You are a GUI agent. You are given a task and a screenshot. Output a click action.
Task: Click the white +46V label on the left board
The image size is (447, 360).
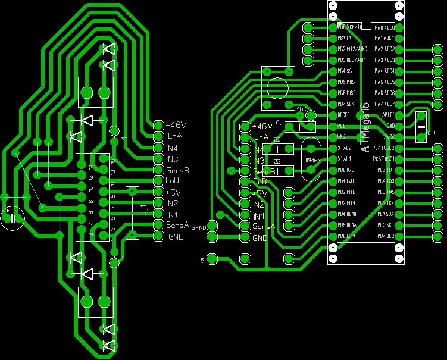tap(176, 126)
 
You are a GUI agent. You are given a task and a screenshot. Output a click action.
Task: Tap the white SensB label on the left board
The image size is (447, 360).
tap(177, 170)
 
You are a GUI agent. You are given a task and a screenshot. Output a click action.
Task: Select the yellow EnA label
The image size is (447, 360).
tap(261, 137)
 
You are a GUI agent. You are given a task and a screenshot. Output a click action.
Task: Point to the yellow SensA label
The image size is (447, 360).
tap(264, 227)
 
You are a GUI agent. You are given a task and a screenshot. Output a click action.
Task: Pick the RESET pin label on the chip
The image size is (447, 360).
tap(345, 115)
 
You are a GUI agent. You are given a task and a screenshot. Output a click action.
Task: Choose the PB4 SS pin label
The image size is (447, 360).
tap(345, 71)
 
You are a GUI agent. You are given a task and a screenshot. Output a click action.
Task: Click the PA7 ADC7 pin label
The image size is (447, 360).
tap(385, 104)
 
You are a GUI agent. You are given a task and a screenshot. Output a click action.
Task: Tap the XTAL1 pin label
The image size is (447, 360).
tap(345, 159)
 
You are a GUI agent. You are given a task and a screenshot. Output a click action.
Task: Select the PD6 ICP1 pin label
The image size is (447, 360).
tap(347, 236)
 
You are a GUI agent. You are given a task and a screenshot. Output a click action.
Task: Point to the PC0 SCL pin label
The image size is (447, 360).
tap(385, 225)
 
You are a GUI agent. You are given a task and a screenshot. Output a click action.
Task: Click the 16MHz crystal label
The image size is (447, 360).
tap(311, 160)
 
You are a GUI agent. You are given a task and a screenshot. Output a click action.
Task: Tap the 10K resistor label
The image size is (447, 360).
tap(301, 109)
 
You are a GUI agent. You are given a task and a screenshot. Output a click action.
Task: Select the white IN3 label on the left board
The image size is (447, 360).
tap(172, 159)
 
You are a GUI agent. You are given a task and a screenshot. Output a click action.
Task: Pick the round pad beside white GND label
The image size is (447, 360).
tap(158, 236)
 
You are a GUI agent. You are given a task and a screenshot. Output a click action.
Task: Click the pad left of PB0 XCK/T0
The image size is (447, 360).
tap(308, 27)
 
